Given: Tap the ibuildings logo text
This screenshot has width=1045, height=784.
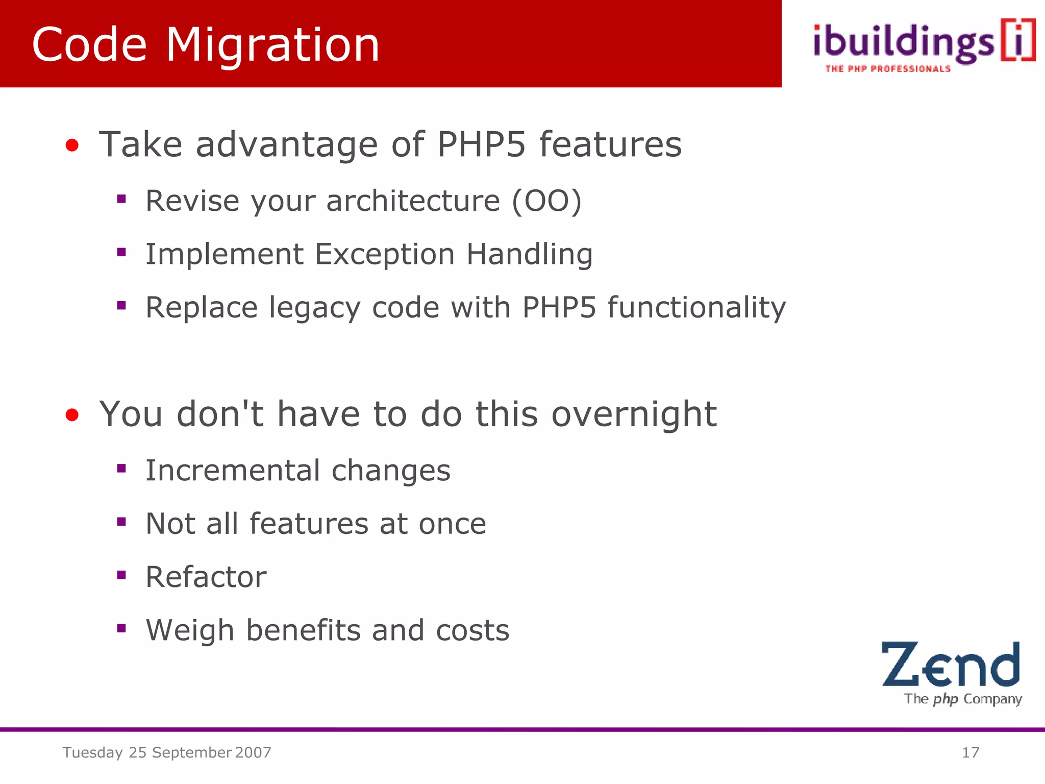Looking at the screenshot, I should [x=903, y=43].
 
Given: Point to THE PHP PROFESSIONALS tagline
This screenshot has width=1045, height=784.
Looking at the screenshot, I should [x=888, y=69].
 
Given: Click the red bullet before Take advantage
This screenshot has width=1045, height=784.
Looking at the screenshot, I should [x=72, y=146].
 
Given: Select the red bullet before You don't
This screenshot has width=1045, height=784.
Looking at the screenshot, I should [x=72, y=415].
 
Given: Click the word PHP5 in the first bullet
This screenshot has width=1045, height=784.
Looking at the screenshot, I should [x=481, y=144].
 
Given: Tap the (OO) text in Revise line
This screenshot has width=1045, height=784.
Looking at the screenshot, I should [x=546, y=201].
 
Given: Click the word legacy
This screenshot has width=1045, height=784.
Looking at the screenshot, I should [x=314, y=308].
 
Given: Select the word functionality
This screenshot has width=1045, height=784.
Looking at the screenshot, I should [x=696, y=308].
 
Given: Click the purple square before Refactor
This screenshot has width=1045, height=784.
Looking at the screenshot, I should [x=121, y=575].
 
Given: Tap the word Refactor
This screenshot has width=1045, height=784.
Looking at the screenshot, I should [x=206, y=577].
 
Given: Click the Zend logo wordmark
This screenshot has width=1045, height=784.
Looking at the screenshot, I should [x=951, y=665].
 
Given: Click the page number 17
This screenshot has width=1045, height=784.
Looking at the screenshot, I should [x=970, y=752].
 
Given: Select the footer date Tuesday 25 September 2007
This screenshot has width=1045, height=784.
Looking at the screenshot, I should [x=167, y=752].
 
